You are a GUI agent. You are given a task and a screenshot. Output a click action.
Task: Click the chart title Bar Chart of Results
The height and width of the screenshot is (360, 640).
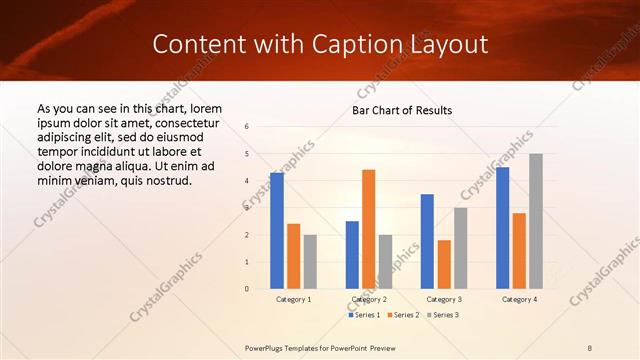pyautogui.click(x=402, y=110)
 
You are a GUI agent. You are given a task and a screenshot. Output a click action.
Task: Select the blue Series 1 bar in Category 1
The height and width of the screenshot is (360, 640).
pyautogui.click(x=277, y=231)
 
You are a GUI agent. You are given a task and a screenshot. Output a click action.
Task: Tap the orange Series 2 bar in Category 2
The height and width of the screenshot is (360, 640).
pyautogui.click(x=368, y=229)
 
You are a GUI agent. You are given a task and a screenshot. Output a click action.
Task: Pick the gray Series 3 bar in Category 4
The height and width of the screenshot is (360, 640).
pyautogui.click(x=536, y=221)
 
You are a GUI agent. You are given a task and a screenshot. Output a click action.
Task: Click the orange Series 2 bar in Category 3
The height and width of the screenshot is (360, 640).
pyautogui.click(x=444, y=264)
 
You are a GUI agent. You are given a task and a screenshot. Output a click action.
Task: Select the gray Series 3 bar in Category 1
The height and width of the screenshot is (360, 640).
pyautogui.click(x=310, y=262)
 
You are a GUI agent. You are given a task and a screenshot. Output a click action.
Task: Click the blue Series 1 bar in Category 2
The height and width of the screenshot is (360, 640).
pyautogui.click(x=352, y=255)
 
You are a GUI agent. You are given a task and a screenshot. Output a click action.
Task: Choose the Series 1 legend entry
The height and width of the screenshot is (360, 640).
pyautogui.click(x=364, y=315)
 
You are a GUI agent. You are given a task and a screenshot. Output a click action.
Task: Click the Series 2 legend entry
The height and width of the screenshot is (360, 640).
pyautogui.click(x=403, y=315)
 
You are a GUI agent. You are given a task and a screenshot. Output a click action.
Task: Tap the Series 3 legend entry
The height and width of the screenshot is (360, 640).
pyautogui.click(x=442, y=315)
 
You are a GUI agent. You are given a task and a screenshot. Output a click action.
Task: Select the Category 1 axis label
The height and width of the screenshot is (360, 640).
pyautogui.click(x=293, y=299)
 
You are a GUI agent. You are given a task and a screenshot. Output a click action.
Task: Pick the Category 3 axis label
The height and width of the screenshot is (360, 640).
pyautogui.click(x=443, y=299)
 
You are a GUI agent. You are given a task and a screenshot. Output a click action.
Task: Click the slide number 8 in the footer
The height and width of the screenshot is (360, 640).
pyautogui.click(x=590, y=347)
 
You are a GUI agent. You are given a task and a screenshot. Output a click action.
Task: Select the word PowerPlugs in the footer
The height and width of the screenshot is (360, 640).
pyautogui.click(x=266, y=347)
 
